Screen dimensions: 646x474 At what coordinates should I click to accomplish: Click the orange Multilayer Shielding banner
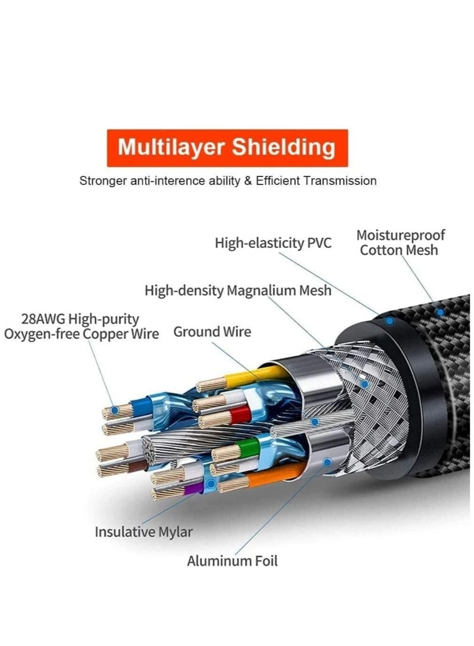tap(227, 148)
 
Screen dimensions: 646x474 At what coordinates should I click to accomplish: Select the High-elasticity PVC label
tap(273, 243)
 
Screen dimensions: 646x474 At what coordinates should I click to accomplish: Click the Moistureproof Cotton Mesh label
tap(400, 242)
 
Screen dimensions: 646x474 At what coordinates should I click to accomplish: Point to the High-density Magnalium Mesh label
tap(238, 290)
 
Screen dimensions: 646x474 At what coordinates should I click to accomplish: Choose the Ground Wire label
tap(212, 332)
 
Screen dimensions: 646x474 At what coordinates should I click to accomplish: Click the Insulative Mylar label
tap(143, 532)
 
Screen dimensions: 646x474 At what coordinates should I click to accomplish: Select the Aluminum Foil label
tap(232, 560)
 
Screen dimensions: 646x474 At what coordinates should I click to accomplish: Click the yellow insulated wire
tap(244, 377)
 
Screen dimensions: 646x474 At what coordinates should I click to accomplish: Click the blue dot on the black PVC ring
tap(389, 321)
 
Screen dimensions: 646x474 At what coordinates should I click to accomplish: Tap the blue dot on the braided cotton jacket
tap(440, 311)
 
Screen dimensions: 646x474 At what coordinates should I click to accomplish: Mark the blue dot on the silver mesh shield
tap(364, 384)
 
